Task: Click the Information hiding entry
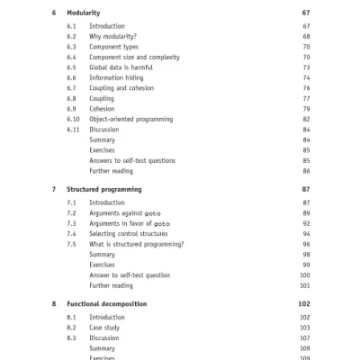pos(117,78)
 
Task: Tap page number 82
pos(306,120)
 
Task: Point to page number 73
pos(306,67)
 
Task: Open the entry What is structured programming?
pos(137,244)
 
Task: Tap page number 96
pos(306,244)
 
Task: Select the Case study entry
pos(107,328)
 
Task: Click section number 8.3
pos(71,338)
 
